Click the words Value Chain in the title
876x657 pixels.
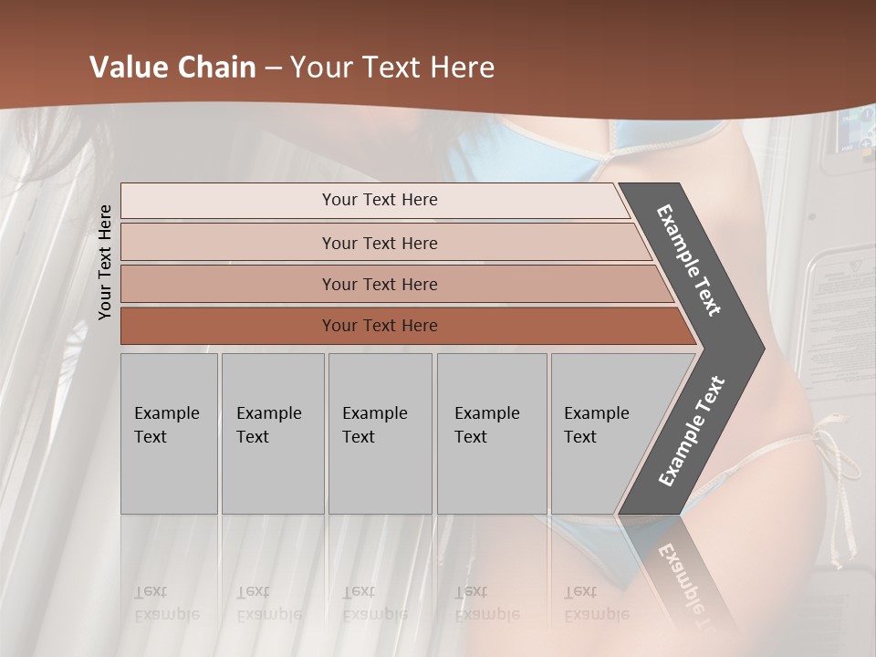[x=172, y=68]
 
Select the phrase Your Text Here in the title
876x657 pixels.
[x=392, y=68]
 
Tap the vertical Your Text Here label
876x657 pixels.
[x=105, y=262]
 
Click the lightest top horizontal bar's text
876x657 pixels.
[x=380, y=200]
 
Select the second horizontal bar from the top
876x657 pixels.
[x=380, y=243]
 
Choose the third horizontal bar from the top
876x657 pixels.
[x=380, y=284]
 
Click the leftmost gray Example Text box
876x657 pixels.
[x=169, y=433]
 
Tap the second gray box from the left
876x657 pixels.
[x=272, y=433]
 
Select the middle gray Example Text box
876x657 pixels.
[x=380, y=433]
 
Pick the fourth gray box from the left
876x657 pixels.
[x=491, y=433]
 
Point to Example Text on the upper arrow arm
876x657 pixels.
[x=689, y=260]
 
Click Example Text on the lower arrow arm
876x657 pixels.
[x=692, y=432]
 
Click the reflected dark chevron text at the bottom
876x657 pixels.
[x=684, y=575]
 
